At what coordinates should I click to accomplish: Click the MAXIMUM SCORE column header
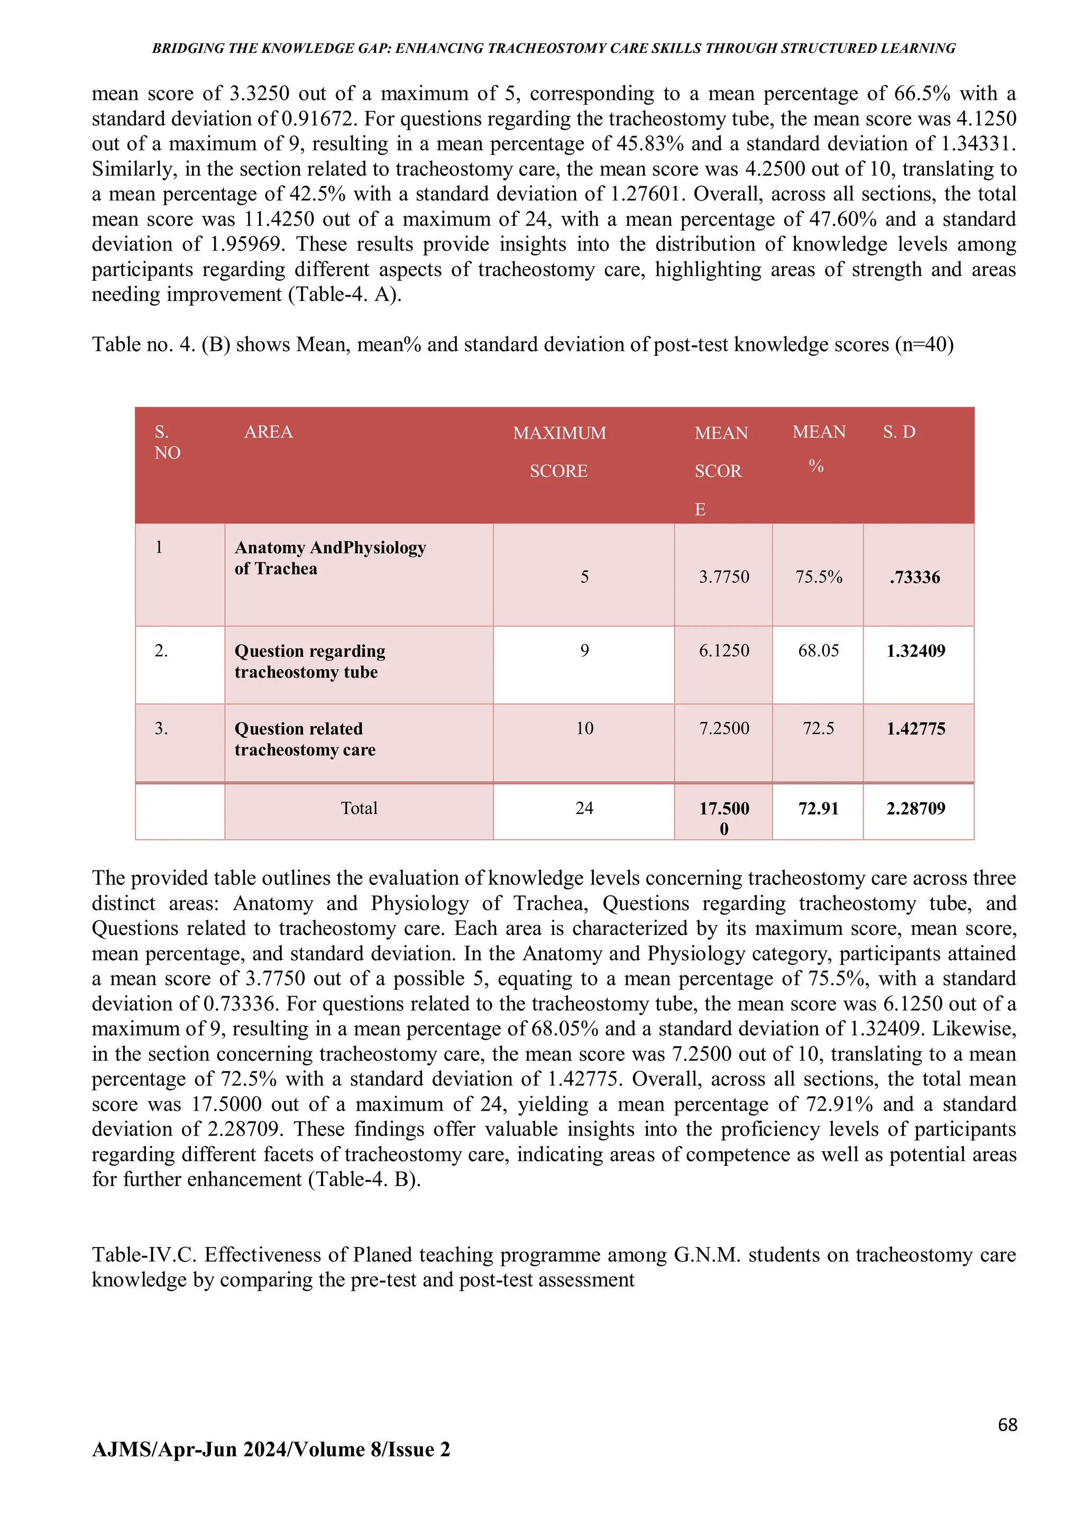point(559,452)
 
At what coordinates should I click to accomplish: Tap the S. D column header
point(899,432)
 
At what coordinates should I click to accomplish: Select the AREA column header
point(268,432)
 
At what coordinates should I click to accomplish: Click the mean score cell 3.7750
point(723,577)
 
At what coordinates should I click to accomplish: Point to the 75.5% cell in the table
point(818,577)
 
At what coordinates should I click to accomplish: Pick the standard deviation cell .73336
point(914,577)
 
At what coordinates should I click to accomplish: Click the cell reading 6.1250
point(723,651)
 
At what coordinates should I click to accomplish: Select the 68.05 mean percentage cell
point(818,651)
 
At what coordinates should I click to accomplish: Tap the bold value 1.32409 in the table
point(915,652)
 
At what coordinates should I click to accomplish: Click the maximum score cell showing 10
point(584,728)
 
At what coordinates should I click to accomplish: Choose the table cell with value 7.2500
point(723,728)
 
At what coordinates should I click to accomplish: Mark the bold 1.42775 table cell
point(915,729)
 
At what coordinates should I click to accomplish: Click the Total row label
point(359,808)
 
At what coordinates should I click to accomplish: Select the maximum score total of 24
point(584,808)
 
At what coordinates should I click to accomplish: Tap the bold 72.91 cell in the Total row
point(818,809)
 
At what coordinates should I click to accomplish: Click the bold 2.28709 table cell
point(915,809)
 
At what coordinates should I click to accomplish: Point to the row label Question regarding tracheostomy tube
point(309,662)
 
